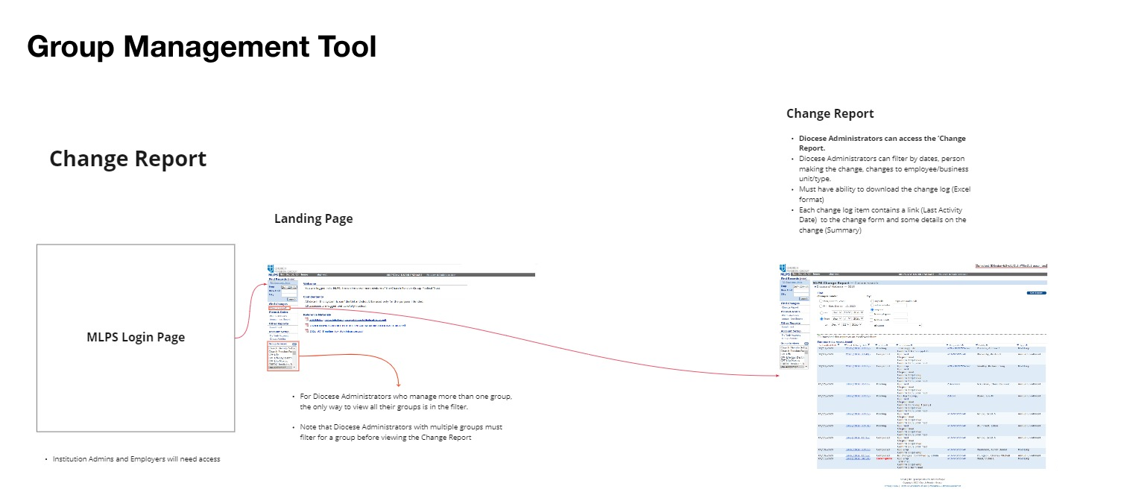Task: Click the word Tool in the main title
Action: (x=342, y=47)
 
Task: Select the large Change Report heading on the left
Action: (x=127, y=159)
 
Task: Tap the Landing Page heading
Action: (x=313, y=218)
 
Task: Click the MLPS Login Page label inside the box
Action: (x=136, y=337)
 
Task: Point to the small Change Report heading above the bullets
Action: (x=830, y=113)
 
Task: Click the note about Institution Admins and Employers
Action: (x=136, y=459)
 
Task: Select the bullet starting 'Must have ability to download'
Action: (x=884, y=195)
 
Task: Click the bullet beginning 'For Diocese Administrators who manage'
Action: (x=405, y=401)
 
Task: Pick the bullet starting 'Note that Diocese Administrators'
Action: (x=400, y=432)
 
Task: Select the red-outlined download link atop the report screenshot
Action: (x=1011, y=265)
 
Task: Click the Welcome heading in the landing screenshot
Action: (x=309, y=284)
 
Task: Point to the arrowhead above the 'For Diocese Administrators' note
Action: (x=396, y=382)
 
